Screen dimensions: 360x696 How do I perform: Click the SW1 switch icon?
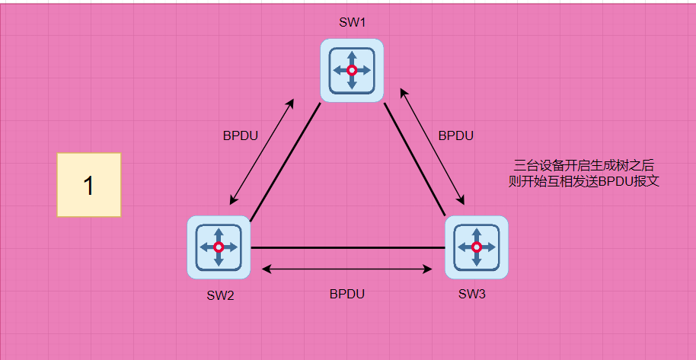(x=352, y=70)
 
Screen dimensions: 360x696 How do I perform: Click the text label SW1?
(x=352, y=22)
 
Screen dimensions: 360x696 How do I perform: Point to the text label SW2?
(x=219, y=295)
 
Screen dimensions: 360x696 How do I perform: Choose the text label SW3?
(x=472, y=294)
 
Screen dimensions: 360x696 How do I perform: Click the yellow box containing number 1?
(x=89, y=185)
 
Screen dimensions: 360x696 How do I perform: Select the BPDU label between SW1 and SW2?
(x=240, y=135)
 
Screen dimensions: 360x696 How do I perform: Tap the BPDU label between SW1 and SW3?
(x=456, y=135)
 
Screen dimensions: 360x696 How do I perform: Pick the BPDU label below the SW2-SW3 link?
(x=347, y=293)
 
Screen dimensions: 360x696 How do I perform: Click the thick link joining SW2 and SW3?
(x=347, y=247)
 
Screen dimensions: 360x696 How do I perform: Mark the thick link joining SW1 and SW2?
(x=285, y=161)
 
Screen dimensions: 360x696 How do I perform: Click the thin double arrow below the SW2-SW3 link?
(x=347, y=269)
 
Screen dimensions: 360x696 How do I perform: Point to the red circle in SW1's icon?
(x=352, y=70)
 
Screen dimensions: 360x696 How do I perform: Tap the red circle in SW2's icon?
(x=219, y=247)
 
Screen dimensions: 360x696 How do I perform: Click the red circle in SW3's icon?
(x=477, y=247)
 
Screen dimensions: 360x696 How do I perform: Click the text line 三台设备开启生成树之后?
(x=584, y=165)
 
